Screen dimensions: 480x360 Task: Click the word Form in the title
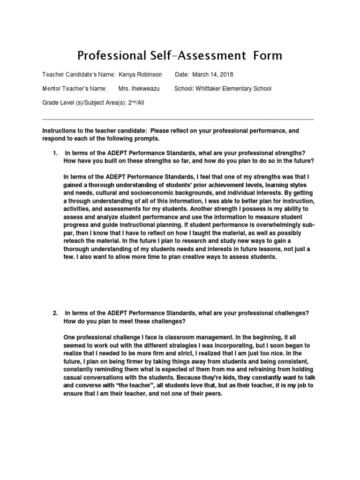[268, 56]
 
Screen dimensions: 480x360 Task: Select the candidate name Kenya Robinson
[141, 75]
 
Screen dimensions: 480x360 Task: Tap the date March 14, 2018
[213, 75]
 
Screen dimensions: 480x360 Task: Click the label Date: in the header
[182, 75]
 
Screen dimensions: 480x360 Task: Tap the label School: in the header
[184, 89]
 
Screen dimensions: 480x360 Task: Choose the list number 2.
[55, 313]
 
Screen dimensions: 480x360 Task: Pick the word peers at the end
[211, 394]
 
